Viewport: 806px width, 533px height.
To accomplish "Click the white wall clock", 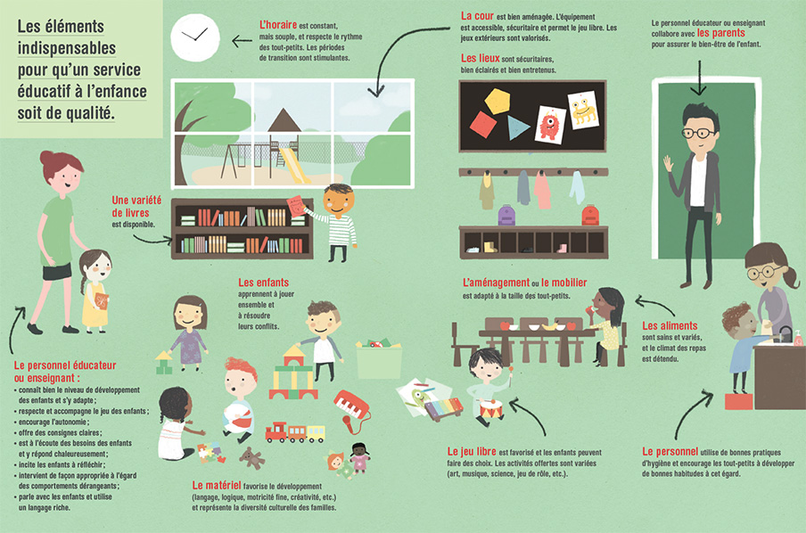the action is (195, 37).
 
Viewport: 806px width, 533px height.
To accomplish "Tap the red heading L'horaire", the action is (278, 25).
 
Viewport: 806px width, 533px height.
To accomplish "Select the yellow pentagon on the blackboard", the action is (498, 102).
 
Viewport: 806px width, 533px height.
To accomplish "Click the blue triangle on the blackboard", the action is (517, 127).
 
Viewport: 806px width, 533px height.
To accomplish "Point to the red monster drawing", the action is (549, 125).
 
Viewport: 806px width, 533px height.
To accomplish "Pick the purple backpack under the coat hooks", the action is (506, 216).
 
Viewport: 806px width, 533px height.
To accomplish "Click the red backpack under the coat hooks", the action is (590, 216).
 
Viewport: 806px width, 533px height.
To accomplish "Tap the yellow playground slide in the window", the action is (294, 166).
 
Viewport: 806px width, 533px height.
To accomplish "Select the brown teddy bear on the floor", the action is (251, 457).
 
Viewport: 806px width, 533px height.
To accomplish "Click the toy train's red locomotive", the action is (276, 432).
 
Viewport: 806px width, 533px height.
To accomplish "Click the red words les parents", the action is (720, 33).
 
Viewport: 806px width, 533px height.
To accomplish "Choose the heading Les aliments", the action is (670, 325).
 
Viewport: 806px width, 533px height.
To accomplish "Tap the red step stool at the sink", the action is (738, 401).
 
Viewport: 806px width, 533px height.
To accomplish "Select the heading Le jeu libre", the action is (472, 451).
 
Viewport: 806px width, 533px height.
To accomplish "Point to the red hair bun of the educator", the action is (46, 157).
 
